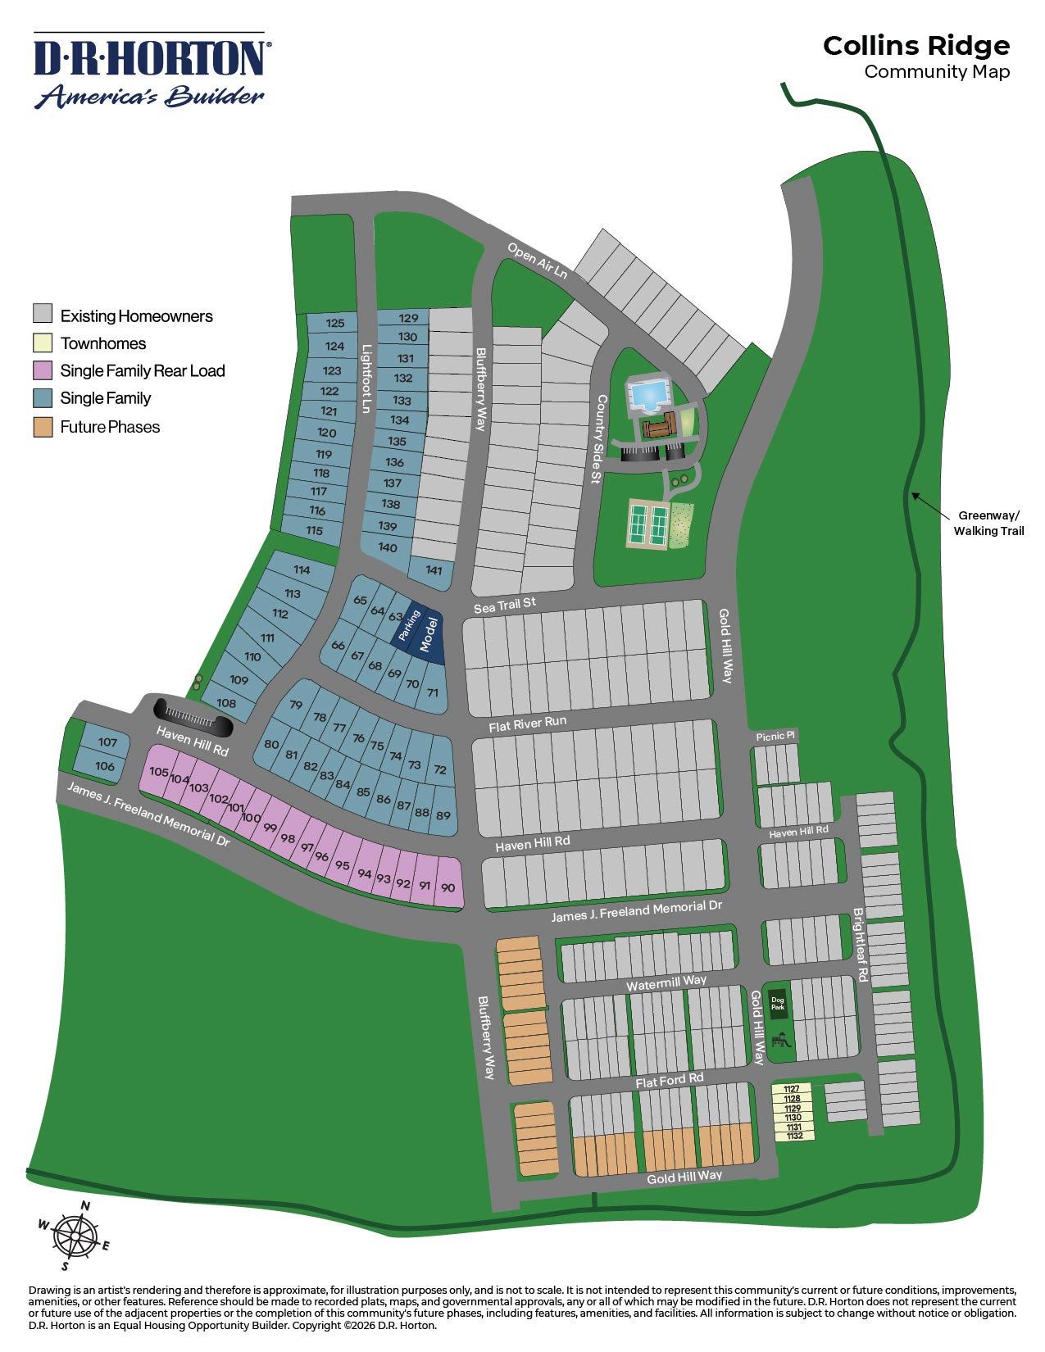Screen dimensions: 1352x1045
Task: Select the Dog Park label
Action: click(777, 1002)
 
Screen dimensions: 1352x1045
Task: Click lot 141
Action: click(434, 571)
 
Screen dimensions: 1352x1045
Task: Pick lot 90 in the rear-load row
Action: click(448, 887)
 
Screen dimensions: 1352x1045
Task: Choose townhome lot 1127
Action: click(792, 1089)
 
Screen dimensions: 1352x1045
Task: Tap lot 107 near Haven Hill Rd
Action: click(107, 742)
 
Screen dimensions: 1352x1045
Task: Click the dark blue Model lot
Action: click(429, 636)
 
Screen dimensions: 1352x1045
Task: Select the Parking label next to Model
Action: click(408, 625)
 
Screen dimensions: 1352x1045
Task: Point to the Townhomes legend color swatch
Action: click(43, 343)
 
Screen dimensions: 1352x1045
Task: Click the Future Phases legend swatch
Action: click(43, 427)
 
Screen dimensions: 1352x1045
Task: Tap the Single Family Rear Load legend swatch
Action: click(43, 370)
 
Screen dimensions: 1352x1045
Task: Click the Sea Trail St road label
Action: click(505, 605)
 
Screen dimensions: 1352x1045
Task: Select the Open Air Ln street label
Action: click(537, 261)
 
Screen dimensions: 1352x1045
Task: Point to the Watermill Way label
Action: click(666, 982)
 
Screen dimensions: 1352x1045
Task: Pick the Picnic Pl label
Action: click(775, 736)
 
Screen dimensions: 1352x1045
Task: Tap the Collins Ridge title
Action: click(916, 46)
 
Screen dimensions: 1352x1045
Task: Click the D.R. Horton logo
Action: click(151, 71)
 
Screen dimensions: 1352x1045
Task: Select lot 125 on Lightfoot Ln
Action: click(334, 323)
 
